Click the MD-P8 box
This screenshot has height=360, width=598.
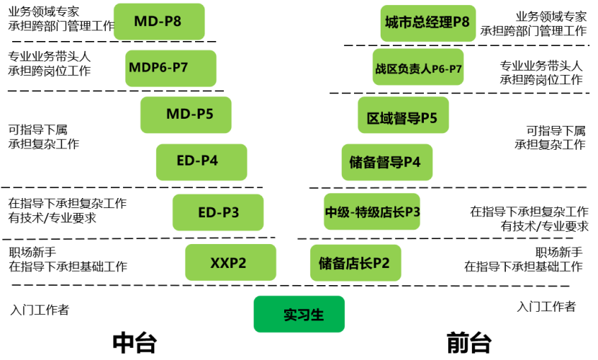point(158,22)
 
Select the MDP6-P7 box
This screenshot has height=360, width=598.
point(171,68)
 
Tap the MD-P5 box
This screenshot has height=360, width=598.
point(186,114)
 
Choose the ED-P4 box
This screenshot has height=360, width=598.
point(201,161)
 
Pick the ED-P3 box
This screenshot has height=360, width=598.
point(217,212)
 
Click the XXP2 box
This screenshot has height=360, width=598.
point(230,262)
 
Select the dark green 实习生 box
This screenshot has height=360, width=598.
point(299,314)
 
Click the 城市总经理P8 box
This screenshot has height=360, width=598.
point(427,23)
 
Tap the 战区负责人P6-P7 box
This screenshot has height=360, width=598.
point(418,68)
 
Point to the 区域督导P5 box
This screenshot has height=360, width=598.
point(403,115)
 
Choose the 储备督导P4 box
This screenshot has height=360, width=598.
point(386,162)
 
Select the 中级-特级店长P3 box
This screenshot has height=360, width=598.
point(371,212)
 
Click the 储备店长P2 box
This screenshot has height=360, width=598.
point(354,263)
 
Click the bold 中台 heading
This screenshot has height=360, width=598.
point(134,342)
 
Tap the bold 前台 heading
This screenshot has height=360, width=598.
point(468,342)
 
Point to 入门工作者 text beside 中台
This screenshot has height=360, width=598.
point(40,310)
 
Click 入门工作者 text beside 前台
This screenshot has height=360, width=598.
point(545,307)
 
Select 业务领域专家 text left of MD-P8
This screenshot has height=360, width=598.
point(44,13)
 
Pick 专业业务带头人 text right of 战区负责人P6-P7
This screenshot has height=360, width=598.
point(540,66)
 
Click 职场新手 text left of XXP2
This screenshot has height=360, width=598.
point(32,252)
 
